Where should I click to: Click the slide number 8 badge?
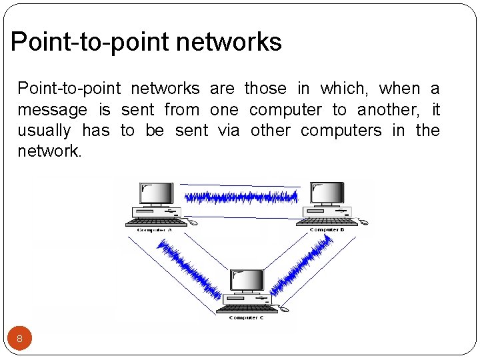[x=19, y=339]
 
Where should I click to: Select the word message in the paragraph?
[x=52, y=109]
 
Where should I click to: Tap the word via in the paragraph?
[x=229, y=130]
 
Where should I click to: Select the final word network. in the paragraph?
[x=49, y=151]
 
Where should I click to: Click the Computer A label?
[x=154, y=230]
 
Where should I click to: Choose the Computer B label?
[x=327, y=230]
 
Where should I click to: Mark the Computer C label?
[x=246, y=318]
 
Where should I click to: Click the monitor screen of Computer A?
[x=156, y=193]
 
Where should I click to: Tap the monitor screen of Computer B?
[x=327, y=193]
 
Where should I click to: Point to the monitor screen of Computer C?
[x=248, y=281]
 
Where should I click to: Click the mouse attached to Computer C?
[x=285, y=309]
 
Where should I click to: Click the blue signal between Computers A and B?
[x=241, y=197]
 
